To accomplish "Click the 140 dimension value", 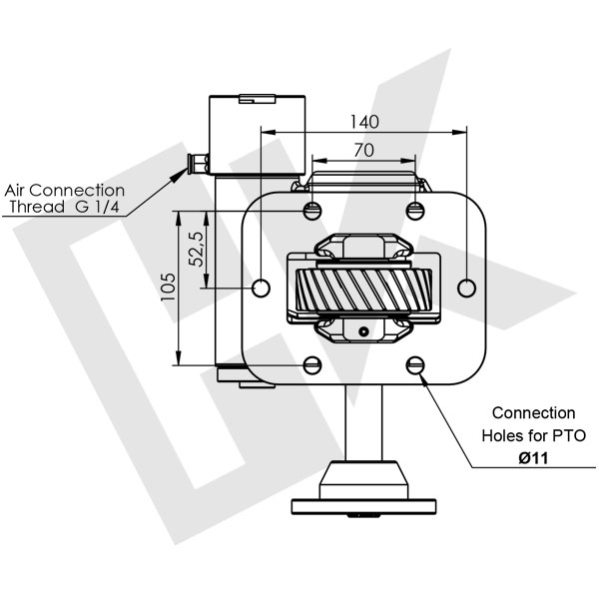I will (x=364, y=122).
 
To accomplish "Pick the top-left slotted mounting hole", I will (x=312, y=210).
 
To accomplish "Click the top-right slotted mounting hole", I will (x=416, y=210).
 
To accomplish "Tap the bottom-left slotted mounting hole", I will (x=312, y=365).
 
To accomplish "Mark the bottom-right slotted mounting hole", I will (x=416, y=365).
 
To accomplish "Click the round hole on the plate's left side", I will (x=262, y=288).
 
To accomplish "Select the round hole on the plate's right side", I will (x=467, y=288).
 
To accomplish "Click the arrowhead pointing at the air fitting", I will (x=181, y=170).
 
